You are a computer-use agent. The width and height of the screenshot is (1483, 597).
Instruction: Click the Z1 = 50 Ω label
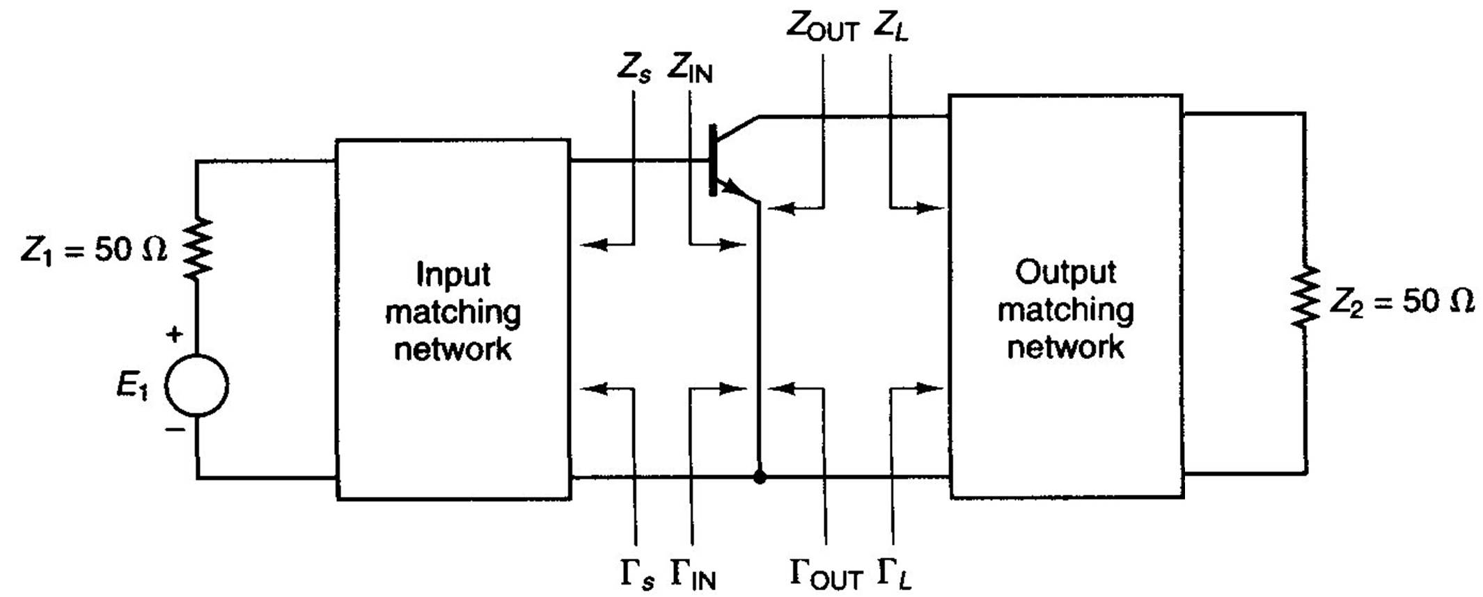pos(94,250)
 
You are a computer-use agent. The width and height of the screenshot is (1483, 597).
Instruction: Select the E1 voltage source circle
pos(196,385)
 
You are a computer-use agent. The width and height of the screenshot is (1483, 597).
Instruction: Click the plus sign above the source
pos(174,334)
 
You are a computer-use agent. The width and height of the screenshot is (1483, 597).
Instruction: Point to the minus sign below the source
pos(174,429)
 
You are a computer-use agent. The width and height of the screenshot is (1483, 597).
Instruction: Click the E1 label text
pos(132,386)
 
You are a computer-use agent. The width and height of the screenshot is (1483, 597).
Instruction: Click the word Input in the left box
pos(453,274)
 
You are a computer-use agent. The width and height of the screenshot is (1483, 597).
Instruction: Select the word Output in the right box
pos(1065,272)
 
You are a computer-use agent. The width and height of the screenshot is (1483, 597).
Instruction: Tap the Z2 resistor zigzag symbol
pos(1305,298)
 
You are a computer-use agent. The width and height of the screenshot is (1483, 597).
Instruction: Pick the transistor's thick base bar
pos(712,160)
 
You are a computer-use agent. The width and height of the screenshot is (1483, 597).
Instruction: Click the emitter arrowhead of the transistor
pos(731,186)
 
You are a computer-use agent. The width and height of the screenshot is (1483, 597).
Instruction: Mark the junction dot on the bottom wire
pos(760,477)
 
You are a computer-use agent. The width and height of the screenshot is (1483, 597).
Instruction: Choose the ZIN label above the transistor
pos(690,68)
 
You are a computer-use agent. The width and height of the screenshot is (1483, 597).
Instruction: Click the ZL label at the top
pos(890,26)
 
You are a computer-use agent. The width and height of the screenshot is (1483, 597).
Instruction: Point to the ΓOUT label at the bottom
pos(826,573)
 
